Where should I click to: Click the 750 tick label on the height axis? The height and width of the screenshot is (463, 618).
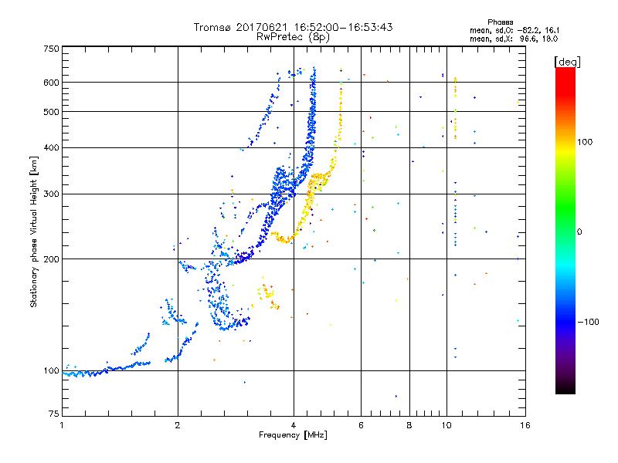coord(51,49)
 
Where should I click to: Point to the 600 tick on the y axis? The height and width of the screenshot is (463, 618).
coord(51,82)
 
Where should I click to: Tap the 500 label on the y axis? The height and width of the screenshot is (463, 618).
coord(51,111)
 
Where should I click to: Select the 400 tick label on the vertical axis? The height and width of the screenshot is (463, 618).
coord(51,147)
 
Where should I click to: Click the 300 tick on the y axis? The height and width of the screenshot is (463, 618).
coord(51,194)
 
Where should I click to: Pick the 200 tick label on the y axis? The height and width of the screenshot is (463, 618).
coord(51,259)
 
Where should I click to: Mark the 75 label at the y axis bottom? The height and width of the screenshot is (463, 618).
coord(53,417)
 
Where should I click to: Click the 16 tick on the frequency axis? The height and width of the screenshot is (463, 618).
coord(524,425)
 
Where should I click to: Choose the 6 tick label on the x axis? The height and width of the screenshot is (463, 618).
coord(361,425)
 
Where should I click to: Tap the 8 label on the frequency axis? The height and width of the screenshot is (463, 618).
coord(409,425)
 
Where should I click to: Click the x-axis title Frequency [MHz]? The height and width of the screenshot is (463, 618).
coord(293,435)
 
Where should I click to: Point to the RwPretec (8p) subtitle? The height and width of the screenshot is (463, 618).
coord(293,36)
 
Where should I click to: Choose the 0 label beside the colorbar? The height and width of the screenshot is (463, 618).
coord(581,231)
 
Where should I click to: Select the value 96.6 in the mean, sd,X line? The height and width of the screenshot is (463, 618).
coord(528,38)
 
